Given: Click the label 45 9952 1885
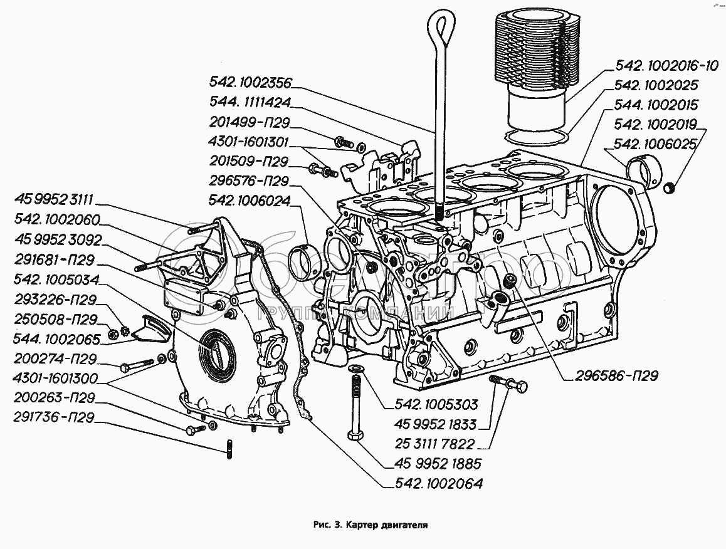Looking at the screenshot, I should [438, 464].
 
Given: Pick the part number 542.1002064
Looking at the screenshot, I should [439, 484].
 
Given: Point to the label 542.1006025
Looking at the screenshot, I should [656, 144].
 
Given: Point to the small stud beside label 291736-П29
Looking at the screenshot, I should [229, 450].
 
